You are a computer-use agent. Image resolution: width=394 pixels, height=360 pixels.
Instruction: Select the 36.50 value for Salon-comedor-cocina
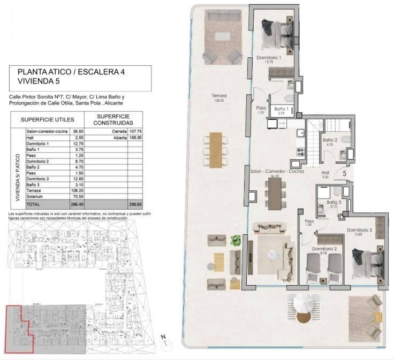click(x=78, y=131)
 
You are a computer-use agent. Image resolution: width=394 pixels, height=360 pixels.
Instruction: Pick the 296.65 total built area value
click(x=134, y=205)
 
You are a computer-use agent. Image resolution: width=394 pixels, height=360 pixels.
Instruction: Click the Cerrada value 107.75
click(x=134, y=131)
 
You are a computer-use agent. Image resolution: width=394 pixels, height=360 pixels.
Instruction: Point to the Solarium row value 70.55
click(x=78, y=196)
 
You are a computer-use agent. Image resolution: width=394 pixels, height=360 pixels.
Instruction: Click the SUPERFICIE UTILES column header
click(x=51, y=119)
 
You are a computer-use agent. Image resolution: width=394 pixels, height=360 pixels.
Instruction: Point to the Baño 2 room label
click(x=328, y=140)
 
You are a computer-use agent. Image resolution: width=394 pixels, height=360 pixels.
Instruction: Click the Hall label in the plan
click(x=325, y=173)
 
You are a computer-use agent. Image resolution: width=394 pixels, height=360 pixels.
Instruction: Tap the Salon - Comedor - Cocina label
click(x=277, y=171)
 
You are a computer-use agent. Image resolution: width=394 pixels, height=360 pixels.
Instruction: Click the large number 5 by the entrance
click(x=344, y=173)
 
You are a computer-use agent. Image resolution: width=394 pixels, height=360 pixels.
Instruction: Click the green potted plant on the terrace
click(x=234, y=240)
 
